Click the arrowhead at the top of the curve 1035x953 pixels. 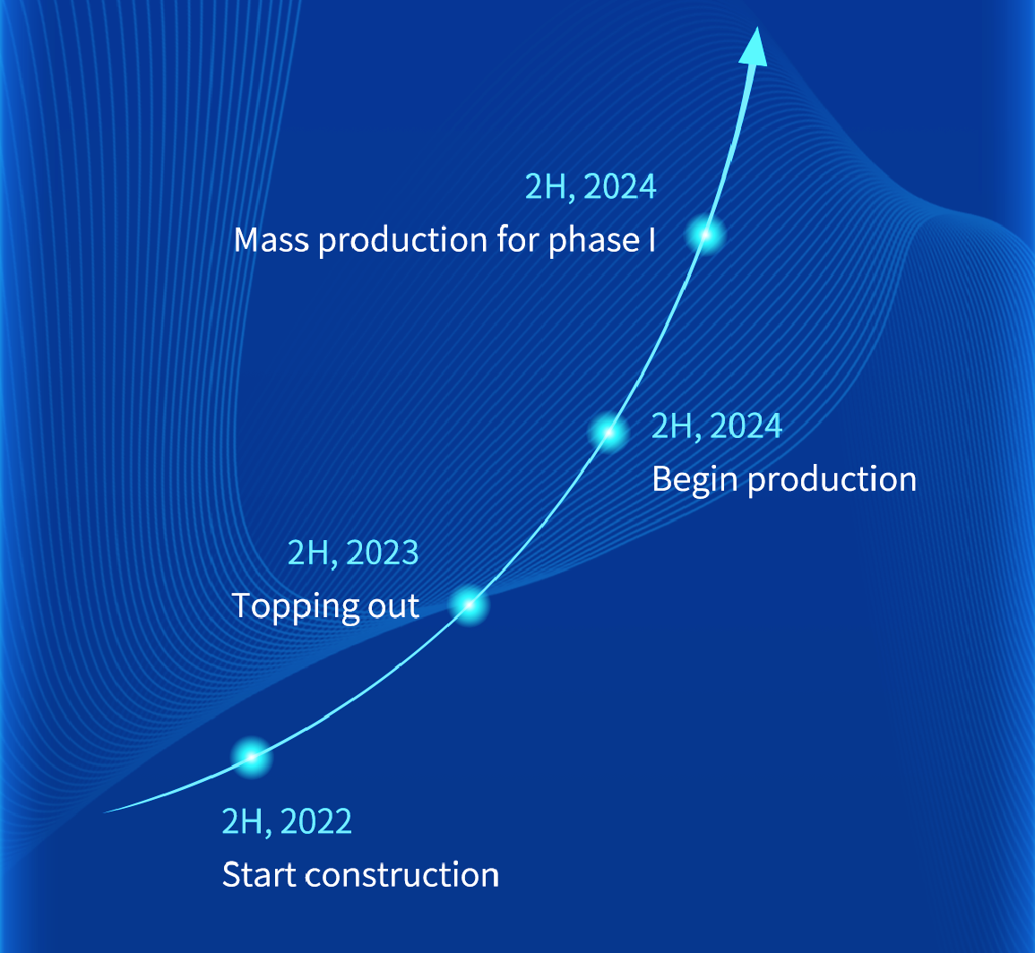coord(755,47)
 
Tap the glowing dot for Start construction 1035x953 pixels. coord(252,757)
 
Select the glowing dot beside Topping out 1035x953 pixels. coord(470,605)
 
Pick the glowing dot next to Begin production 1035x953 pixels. coord(608,433)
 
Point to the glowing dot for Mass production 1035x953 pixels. coord(706,235)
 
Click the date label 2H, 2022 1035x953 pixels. coord(287,821)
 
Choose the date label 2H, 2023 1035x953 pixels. coord(353,553)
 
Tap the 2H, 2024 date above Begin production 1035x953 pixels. coord(717,425)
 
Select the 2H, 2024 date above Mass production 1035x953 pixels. coord(591,187)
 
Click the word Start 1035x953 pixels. coord(259,875)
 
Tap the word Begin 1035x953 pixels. coord(695,480)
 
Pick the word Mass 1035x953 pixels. coord(272,240)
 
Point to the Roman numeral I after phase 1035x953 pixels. coord(651,240)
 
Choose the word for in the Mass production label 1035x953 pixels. coord(518,239)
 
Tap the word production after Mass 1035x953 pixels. coord(402,240)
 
